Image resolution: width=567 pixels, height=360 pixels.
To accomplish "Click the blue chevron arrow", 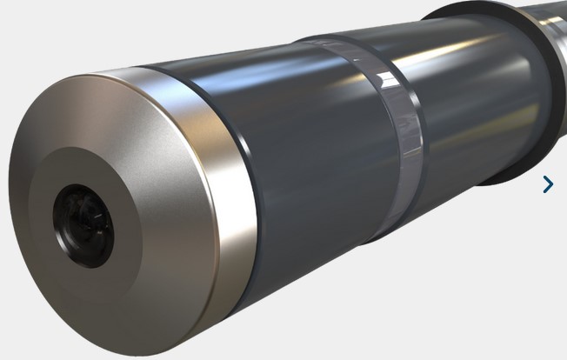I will pos(548,183).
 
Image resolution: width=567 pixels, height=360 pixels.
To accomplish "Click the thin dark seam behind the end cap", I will pos(260,200).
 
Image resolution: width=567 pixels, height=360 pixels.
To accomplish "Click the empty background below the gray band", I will pos(417,296).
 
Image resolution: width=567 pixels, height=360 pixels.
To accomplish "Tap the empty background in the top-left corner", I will pos(35,26).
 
